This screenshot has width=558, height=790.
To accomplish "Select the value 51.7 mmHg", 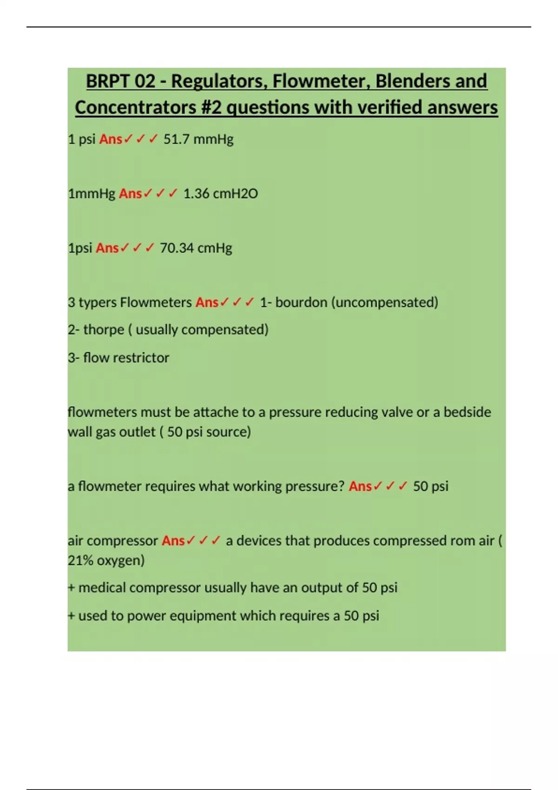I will click(x=198, y=139).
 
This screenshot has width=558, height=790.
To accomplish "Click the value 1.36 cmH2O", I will click(x=220, y=194).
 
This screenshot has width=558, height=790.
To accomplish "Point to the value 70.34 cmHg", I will click(x=196, y=248).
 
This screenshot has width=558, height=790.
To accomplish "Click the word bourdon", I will click(x=301, y=303).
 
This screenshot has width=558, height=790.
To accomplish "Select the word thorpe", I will click(x=104, y=330).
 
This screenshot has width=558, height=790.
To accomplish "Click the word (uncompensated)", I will click(x=385, y=303).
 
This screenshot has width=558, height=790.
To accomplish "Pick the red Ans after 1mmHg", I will click(x=130, y=194).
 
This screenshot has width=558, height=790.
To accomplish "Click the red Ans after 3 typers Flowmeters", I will click(x=207, y=303).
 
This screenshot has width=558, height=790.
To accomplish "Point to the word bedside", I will click(x=467, y=412).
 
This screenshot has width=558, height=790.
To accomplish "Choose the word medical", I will click(x=102, y=588).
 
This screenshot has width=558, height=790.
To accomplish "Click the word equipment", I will click(x=203, y=616).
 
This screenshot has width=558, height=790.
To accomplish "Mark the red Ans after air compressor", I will click(x=173, y=541).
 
